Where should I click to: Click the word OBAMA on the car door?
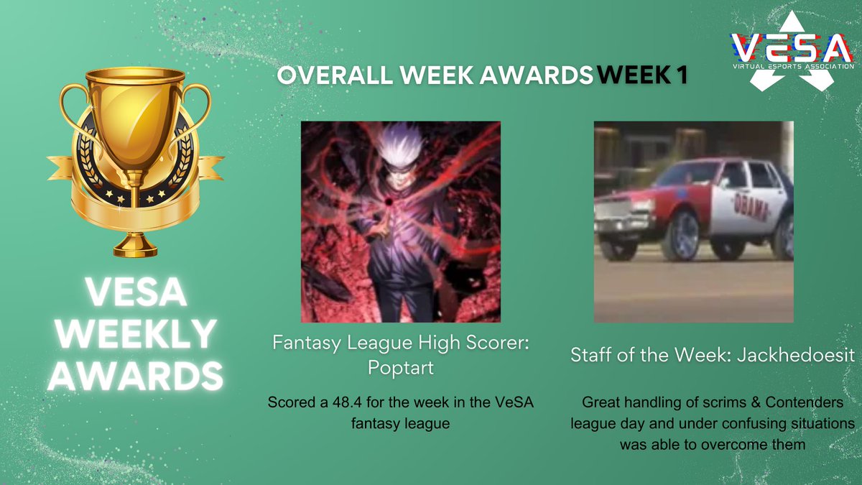750,208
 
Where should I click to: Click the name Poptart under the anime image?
401,368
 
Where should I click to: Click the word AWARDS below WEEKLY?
135,374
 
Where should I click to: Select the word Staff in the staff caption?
590,354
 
